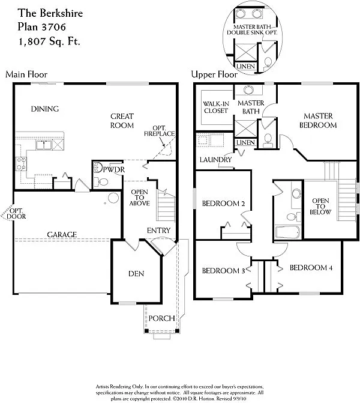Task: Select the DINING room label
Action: pyautogui.click(x=46, y=109)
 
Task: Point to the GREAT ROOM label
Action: pyautogui.click(x=122, y=121)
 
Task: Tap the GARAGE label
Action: pyautogui.click(x=62, y=234)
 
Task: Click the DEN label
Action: pyautogui.click(x=136, y=273)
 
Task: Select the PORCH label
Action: pyautogui.click(x=161, y=318)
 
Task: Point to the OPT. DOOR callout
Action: pyautogui.click(x=15, y=214)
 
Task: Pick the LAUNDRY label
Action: pyautogui.click(x=217, y=160)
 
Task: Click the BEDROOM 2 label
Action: pyautogui.click(x=223, y=203)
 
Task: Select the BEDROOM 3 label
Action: pyautogui.click(x=223, y=270)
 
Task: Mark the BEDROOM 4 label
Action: pyautogui.click(x=311, y=267)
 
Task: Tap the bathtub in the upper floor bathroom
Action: pyautogui.click(x=289, y=232)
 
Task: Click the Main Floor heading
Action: pyautogui.click(x=26, y=74)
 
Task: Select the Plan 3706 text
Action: pyautogui.click(x=40, y=27)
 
